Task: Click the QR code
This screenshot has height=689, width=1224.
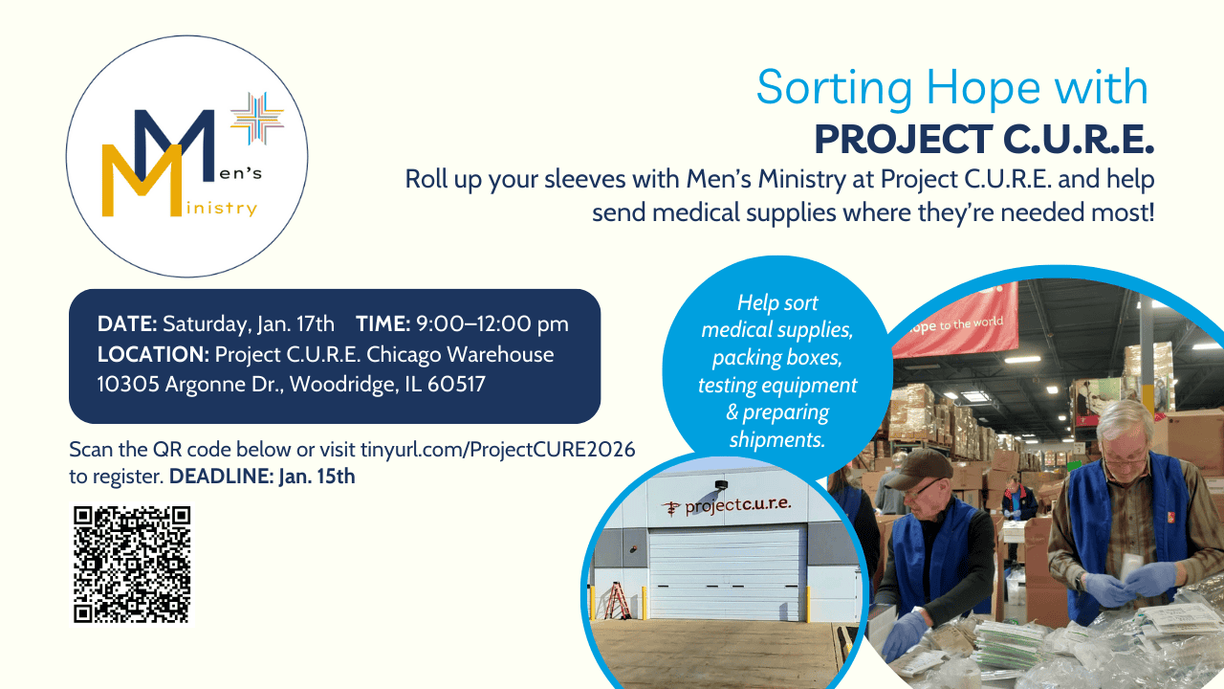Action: (132, 565)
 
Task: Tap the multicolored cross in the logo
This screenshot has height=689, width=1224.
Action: (257, 119)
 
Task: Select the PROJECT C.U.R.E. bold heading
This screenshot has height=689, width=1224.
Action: (984, 140)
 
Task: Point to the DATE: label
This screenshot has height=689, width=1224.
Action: (127, 323)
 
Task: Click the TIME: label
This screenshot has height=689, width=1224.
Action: (382, 323)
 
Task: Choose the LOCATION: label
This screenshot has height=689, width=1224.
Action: (153, 354)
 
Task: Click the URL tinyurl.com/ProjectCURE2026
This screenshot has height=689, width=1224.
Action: (498, 450)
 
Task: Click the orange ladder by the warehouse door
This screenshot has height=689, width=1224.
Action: (618, 600)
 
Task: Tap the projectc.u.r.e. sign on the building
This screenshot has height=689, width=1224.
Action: (726, 506)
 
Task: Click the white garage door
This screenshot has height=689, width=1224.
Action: (727, 573)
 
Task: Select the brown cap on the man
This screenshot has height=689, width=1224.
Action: (924, 468)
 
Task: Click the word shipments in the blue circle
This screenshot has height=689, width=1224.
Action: (777, 439)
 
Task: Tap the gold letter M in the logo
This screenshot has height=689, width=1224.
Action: (142, 181)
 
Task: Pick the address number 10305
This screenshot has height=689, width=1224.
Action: (128, 384)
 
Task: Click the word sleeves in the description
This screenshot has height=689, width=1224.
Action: (584, 179)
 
